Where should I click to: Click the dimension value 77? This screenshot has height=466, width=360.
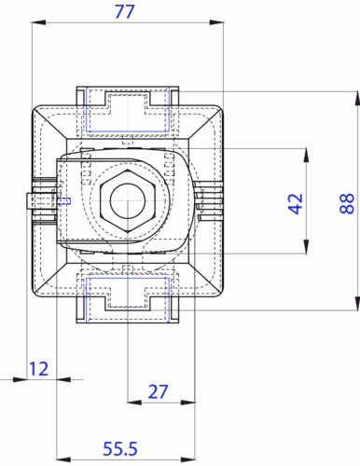tap(125, 11)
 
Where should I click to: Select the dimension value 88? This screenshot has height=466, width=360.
tap(347, 203)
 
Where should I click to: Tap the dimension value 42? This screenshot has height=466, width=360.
tap(296, 203)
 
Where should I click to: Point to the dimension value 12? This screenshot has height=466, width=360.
tap(38, 369)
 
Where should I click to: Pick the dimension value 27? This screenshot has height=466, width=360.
tap(158, 391)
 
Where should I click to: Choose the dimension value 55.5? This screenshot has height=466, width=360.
tap(120, 449)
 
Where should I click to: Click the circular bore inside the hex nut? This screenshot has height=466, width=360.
tap(128, 200)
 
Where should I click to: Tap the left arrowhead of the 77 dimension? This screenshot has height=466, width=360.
tap(39, 22)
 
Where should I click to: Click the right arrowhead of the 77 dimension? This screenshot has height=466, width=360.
tap(216, 22)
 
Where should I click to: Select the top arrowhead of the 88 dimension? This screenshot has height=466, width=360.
tap(357, 99)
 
